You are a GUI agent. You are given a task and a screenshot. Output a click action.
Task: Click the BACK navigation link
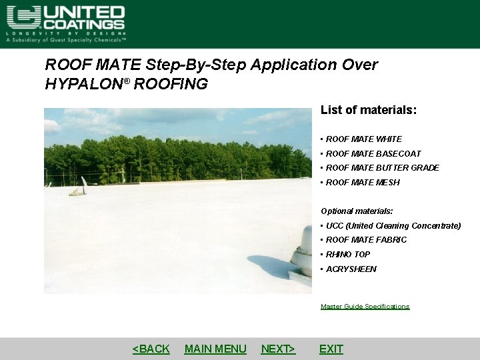pos(151,349)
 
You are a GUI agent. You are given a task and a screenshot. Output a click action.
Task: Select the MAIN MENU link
pos(215,349)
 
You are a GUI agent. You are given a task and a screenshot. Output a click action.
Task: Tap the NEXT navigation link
pos(278,349)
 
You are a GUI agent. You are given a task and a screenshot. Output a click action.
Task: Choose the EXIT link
pos(331,349)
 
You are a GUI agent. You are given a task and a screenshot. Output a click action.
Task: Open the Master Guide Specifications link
pos(365,307)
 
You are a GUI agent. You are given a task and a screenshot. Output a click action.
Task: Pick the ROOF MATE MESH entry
pos(363,183)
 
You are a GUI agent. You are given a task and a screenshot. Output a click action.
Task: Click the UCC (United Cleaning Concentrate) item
pos(393,226)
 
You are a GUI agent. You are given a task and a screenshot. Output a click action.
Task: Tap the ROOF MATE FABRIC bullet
pos(366,240)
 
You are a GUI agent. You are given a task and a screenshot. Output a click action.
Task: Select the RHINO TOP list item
pos(348,255)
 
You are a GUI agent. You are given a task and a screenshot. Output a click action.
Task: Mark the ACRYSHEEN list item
pos(351,269)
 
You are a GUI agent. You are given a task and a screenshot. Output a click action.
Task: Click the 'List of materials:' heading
pos(369,110)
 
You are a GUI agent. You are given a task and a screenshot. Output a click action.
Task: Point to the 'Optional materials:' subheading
pos(357,211)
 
